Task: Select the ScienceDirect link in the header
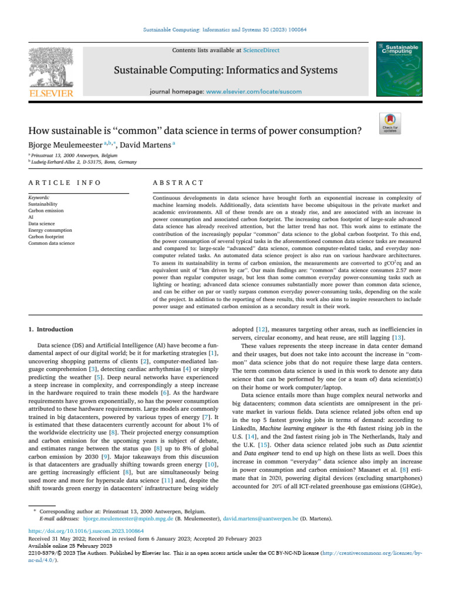245,50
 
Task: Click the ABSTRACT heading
178,183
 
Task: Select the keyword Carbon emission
46,210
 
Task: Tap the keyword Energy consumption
50,229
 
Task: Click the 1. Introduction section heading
52,329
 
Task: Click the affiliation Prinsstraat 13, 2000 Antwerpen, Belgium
73,156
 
